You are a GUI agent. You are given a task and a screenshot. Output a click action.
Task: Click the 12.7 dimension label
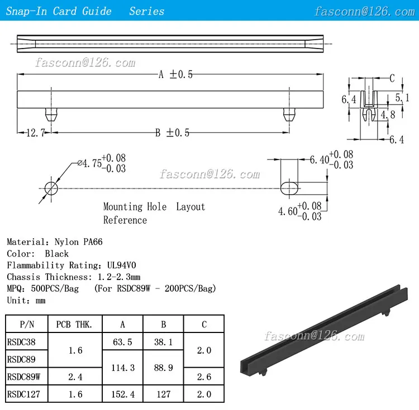[36, 133]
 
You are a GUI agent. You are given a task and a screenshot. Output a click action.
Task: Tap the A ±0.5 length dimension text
[175, 75]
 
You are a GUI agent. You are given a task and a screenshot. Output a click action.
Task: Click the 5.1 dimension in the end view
[402, 98]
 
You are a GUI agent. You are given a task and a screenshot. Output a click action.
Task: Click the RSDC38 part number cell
[21, 342]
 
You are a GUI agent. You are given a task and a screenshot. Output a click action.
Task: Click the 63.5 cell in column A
[122, 342]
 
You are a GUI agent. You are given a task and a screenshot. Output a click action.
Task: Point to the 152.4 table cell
[122, 394]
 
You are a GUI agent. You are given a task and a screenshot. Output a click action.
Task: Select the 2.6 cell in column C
[204, 377]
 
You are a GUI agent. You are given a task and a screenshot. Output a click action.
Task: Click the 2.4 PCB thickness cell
[74, 377]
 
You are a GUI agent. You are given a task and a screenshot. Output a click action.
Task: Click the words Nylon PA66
[78, 242]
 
